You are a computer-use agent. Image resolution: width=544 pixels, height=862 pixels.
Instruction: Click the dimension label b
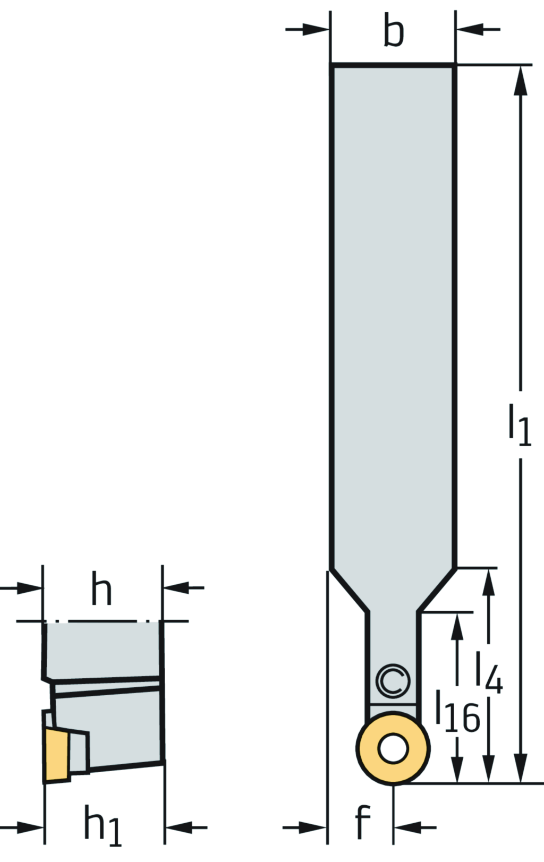click(394, 33)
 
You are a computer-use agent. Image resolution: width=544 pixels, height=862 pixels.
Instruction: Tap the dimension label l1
click(520, 424)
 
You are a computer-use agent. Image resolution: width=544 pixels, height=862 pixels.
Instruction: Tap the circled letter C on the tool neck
click(393, 681)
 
